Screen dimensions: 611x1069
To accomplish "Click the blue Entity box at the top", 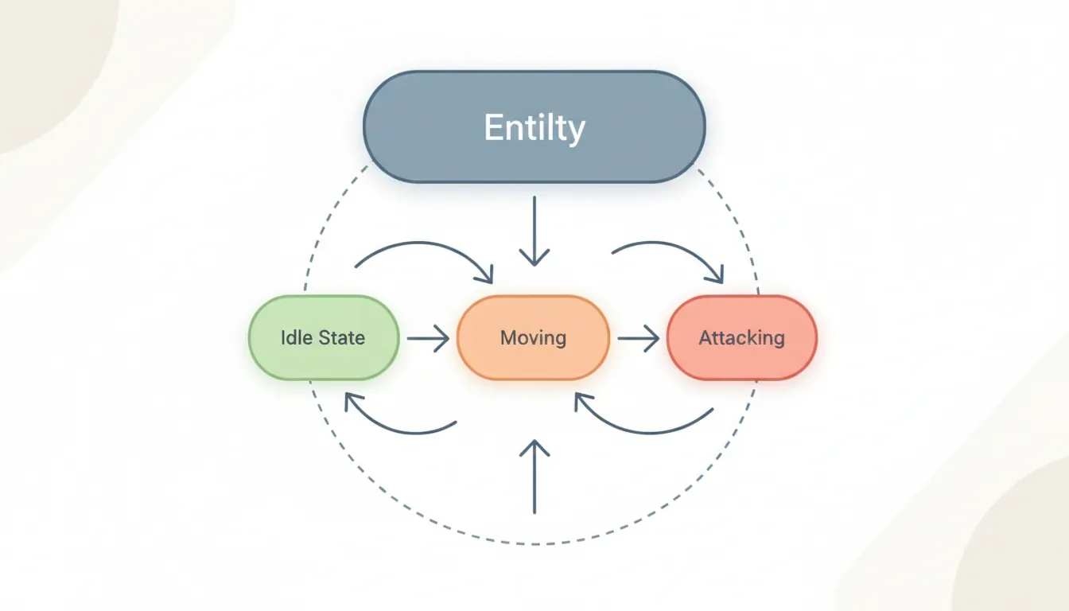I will (534, 127).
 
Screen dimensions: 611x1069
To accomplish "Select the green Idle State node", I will (323, 337).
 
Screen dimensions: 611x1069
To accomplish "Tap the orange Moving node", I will (533, 337).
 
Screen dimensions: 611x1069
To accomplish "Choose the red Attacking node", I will (741, 337).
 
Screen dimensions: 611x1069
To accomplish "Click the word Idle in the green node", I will (296, 337).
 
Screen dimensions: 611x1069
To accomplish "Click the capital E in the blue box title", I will (493, 128).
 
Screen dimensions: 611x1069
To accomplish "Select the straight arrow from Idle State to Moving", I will (428, 339).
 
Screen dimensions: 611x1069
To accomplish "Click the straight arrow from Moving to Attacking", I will (638, 339).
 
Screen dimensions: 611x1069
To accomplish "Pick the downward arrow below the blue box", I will (534, 231).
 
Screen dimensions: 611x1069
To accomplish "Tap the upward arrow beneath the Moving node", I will (534, 477).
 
